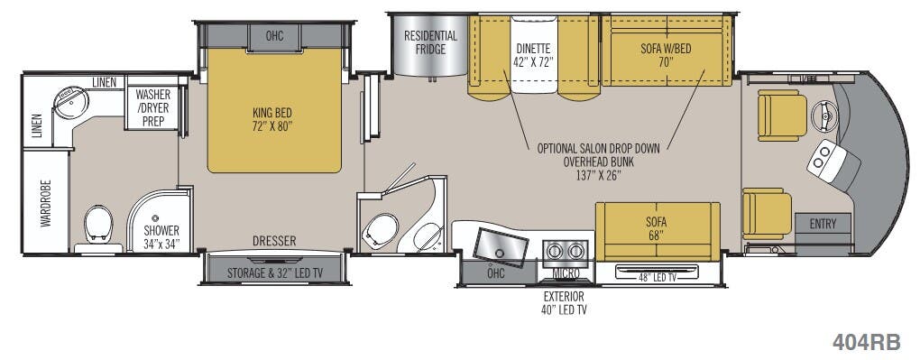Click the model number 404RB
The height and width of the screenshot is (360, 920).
tap(866, 341)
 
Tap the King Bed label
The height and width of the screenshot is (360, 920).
tap(272, 119)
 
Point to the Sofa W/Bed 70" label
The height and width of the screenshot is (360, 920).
tap(666, 55)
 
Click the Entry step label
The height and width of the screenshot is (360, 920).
tap(823, 224)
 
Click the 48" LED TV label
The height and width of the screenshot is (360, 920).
tap(659, 274)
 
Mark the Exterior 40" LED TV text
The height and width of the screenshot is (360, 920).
tap(564, 303)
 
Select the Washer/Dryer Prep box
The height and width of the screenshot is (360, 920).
tap(153, 107)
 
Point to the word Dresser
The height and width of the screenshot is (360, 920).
tap(273, 242)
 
